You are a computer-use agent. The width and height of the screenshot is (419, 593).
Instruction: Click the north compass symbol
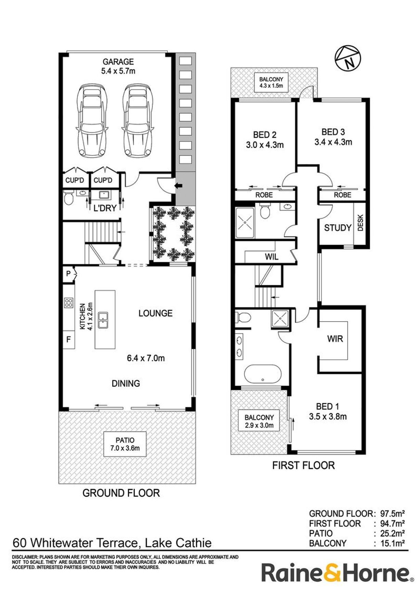coord(347,59)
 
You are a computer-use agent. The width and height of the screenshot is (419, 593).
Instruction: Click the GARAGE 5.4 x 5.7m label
coord(118,66)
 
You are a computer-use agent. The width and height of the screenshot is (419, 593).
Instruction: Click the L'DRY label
coord(105,207)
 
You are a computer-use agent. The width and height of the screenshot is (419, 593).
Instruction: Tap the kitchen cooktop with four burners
coord(69,303)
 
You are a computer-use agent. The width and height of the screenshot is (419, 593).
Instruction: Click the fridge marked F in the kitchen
coord(68,340)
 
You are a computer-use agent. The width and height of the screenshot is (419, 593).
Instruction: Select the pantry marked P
coord(68,274)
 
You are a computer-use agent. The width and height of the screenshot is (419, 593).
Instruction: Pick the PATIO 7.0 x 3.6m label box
coord(125,444)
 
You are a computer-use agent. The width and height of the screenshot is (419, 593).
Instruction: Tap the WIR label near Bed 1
coord(335,339)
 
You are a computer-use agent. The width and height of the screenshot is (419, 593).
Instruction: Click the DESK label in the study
coord(360,223)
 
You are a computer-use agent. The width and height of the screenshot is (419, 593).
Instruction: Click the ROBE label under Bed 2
coord(264,195)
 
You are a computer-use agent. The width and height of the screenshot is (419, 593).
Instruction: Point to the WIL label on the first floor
coord(271,256)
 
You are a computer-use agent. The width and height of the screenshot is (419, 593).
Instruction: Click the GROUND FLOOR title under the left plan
coord(121,493)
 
